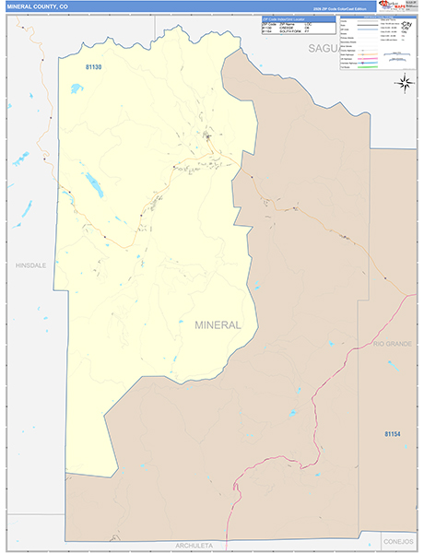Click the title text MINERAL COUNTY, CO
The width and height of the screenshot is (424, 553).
[37, 6]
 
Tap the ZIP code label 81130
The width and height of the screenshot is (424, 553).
[93, 67]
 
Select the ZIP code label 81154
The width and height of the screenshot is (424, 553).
[393, 433]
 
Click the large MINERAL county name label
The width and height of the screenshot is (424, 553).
[218, 324]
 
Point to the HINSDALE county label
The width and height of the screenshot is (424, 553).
[30, 265]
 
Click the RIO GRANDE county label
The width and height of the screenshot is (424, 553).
[394, 343]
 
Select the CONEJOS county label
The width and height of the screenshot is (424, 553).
[400, 542]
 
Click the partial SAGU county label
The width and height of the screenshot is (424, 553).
[324, 47]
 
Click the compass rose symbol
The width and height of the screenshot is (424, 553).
[405, 83]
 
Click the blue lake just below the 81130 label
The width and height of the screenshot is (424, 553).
[76, 88]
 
